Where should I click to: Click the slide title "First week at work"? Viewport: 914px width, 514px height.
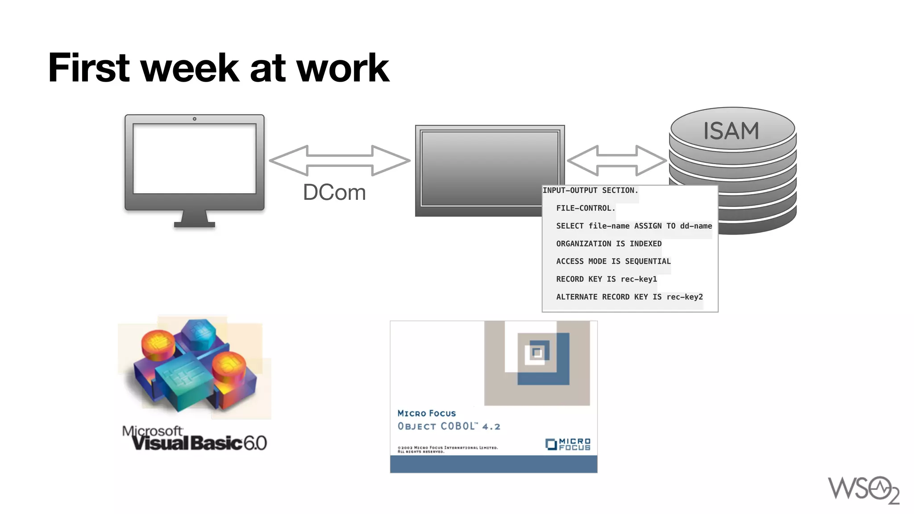click(219, 68)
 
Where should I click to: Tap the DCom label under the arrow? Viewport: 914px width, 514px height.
click(334, 192)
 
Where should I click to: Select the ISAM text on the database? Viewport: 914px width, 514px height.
click(731, 131)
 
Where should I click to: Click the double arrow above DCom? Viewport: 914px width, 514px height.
click(339, 161)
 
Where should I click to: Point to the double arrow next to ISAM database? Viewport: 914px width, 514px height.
click(617, 161)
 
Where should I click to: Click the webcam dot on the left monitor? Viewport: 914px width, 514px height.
click(195, 119)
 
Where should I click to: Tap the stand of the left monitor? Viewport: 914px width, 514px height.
click(195, 219)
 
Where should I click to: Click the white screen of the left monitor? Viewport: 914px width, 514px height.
click(195, 158)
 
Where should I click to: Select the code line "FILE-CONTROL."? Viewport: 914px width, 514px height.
click(586, 208)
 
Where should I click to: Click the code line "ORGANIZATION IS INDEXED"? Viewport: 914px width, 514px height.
click(609, 244)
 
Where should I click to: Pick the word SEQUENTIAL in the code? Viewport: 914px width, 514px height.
click(648, 261)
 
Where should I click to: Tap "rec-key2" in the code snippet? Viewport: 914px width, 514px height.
click(685, 297)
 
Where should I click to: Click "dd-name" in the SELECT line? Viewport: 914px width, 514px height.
click(696, 226)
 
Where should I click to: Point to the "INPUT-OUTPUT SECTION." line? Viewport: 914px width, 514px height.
click(590, 191)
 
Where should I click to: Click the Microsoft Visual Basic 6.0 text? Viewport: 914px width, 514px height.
click(195, 439)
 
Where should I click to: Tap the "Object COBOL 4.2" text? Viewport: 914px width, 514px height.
click(449, 427)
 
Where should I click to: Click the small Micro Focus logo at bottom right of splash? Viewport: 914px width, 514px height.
click(568, 444)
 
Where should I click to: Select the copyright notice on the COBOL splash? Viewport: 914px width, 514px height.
click(447, 449)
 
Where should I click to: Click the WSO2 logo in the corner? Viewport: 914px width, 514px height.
click(864, 490)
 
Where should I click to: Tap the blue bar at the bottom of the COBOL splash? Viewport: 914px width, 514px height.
click(493, 464)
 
